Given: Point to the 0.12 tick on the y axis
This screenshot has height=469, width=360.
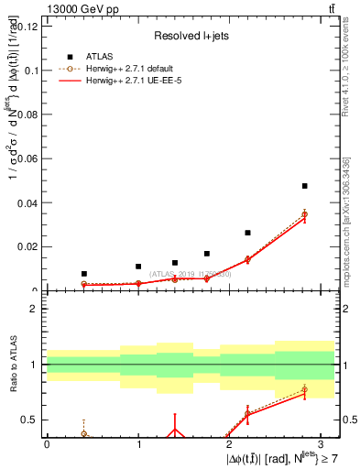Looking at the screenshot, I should coord(28,26).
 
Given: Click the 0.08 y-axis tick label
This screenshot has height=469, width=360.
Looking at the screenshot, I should coord(28,115).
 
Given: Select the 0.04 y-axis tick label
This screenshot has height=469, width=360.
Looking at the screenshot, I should coord(28,202).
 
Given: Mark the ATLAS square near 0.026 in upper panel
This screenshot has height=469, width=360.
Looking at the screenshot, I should coord(247,233).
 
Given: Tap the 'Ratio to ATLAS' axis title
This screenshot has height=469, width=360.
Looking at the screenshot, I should coord(12,365).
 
